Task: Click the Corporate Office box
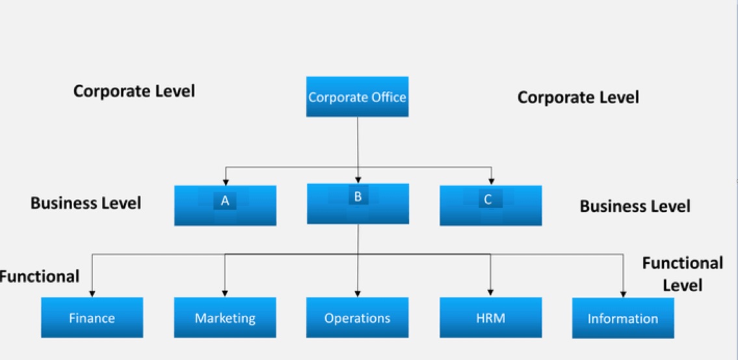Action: (357, 97)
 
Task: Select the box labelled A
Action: (225, 205)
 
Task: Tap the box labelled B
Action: (358, 203)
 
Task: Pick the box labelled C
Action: (490, 205)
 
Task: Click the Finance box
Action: (92, 318)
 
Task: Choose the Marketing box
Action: (225, 318)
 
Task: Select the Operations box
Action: (358, 318)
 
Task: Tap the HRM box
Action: (490, 318)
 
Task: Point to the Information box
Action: (623, 318)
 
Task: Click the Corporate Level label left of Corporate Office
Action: (134, 91)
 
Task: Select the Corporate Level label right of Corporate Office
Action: (578, 97)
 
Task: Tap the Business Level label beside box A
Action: (86, 203)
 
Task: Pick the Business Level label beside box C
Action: (635, 207)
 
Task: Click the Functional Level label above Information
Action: (682, 274)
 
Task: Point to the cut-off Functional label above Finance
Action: (40, 277)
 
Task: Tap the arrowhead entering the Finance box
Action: (92, 294)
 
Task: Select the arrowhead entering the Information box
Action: (623, 294)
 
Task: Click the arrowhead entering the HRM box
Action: (490, 294)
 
